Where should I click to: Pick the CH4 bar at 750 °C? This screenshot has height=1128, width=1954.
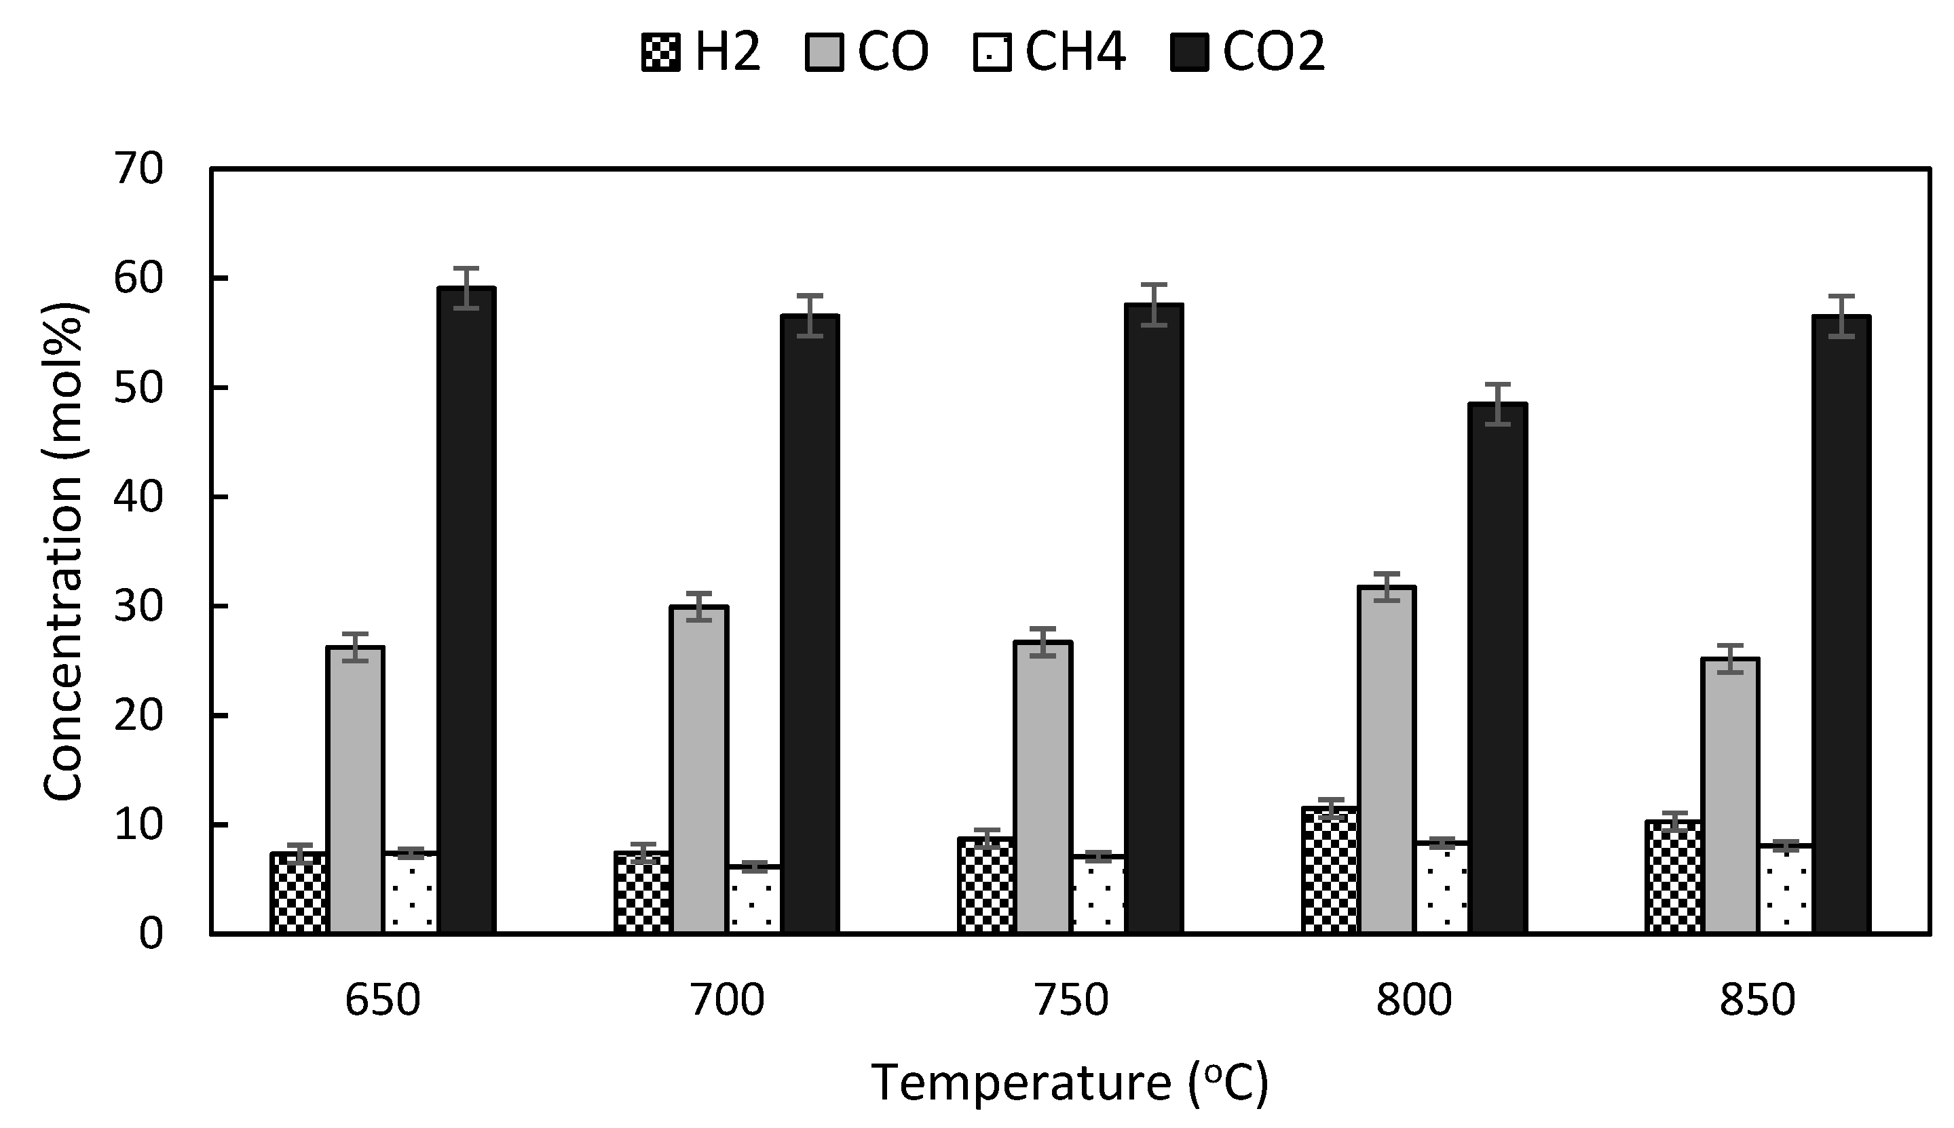(x=1098, y=894)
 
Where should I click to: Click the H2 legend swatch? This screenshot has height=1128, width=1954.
(x=660, y=53)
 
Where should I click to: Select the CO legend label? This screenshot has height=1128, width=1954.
(x=893, y=53)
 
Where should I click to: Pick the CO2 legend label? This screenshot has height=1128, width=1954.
(x=1274, y=53)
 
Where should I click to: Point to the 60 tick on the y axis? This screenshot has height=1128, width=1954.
(x=140, y=278)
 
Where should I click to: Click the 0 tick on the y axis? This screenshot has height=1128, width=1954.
(x=152, y=933)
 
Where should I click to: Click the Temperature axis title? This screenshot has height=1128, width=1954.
(x=1070, y=1083)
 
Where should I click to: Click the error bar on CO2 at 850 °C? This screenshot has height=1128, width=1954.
(x=1841, y=317)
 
